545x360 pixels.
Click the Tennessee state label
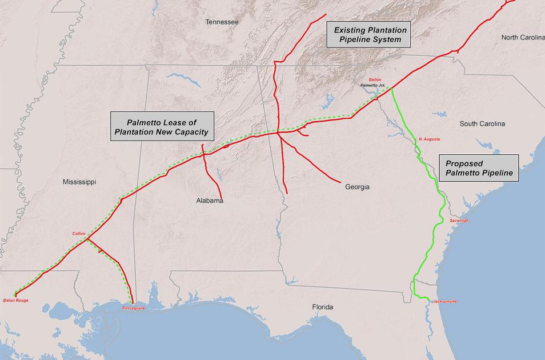coord(222,22)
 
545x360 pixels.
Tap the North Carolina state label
coord(523,38)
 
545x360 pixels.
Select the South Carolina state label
coord(482,123)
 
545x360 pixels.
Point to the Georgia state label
coord(357,187)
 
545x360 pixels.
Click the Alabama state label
coord(209,201)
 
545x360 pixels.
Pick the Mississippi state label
coord(79,182)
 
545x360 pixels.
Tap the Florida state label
coord(322,307)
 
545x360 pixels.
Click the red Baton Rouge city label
coord(15,300)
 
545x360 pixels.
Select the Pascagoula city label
coord(133,308)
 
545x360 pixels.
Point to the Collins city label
coord(78,233)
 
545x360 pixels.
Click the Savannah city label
coord(459,220)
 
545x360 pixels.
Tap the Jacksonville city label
coord(445,301)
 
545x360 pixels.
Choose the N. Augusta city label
coord(429,139)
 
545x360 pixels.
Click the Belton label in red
coord(375,79)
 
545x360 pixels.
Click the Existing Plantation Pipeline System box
coord(370,35)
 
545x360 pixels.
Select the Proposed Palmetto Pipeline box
coord(479,167)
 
